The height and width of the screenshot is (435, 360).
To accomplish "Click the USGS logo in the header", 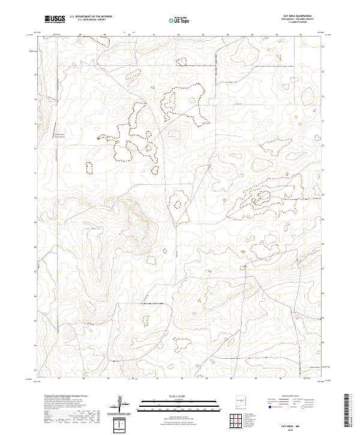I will point(55,20).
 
